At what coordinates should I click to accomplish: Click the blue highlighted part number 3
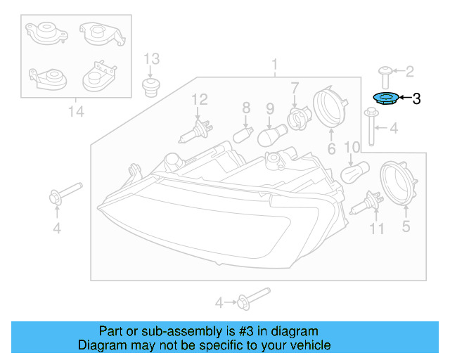click(x=385, y=99)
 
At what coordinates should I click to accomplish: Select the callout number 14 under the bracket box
click(x=75, y=110)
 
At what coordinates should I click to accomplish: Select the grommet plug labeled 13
click(x=150, y=87)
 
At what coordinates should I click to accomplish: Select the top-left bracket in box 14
click(x=43, y=33)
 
